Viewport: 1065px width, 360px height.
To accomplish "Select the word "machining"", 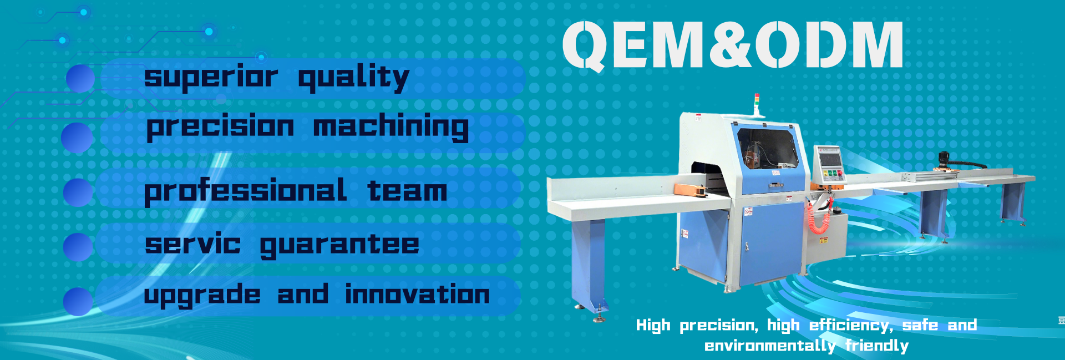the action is pos(391,127).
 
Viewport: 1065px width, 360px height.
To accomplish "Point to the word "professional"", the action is pos(246,191).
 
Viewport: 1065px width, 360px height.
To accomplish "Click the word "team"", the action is pos(407,191).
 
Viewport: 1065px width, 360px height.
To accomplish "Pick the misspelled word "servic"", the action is pos(193,244).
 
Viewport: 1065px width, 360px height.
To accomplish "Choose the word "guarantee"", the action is pos(339,246).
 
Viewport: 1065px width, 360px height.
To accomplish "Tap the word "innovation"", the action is pos(418,293).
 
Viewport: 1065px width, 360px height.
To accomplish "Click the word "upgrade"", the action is pos(202,295).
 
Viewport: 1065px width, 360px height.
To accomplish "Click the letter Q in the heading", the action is pos(585,47).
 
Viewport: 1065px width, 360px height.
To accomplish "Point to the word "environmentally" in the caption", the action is pos(770,346).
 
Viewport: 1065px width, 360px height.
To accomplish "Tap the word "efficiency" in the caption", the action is pos(851,325).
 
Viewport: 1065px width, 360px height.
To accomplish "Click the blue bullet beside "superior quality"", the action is pos(80,78).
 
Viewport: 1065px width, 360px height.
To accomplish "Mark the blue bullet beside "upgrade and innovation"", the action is pos(78,301).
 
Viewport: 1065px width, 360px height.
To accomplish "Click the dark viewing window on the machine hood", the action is pos(768,147).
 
